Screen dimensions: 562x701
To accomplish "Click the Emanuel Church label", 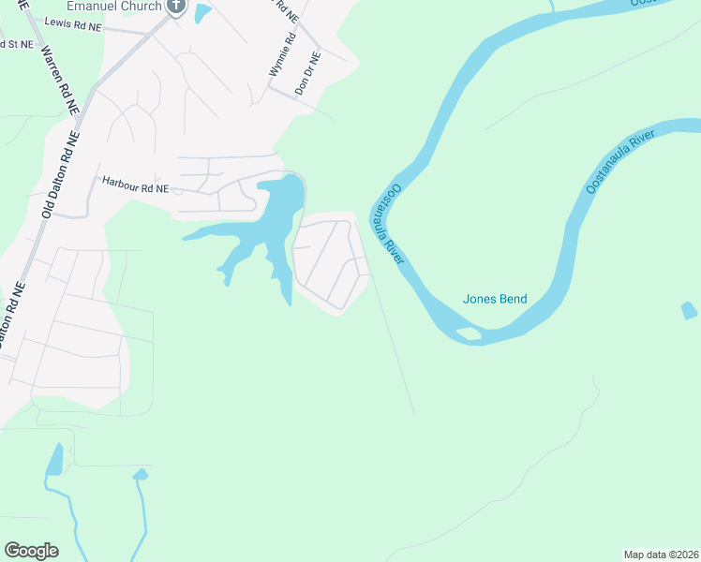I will pos(110,5).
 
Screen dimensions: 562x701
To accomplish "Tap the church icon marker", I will pos(175,6).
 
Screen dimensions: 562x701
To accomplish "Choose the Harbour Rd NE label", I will pos(135,187).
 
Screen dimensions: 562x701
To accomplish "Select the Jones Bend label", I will pos(495,300).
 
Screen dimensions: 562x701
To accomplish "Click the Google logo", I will pos(31,551).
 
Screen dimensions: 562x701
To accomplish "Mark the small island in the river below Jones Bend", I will pos(466,333).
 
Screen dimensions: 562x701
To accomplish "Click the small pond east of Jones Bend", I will pos(690,310).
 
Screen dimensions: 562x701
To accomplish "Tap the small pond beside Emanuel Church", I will pos(202,13).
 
